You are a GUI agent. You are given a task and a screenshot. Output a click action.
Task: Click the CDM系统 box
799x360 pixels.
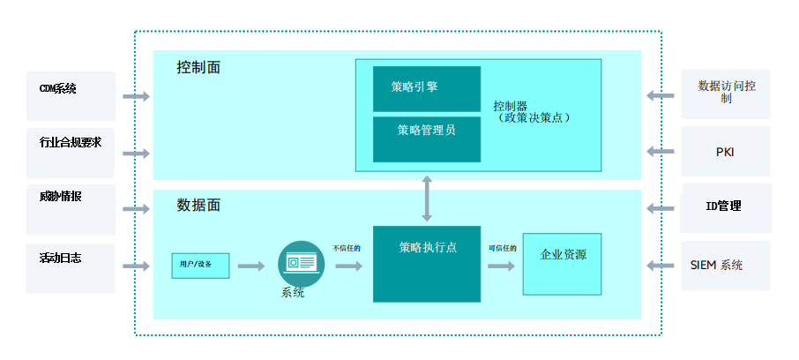71,96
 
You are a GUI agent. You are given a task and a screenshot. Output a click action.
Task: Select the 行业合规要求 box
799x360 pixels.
71,153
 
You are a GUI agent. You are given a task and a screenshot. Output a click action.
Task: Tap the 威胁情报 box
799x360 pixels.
71,210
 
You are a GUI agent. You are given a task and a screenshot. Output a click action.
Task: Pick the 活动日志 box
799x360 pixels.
71,268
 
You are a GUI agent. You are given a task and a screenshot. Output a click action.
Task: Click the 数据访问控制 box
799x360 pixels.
726,94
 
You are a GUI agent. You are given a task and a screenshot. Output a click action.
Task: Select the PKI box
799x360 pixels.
726,152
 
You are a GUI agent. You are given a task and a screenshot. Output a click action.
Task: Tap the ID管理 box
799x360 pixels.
726,208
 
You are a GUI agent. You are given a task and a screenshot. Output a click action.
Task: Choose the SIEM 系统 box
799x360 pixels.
726,266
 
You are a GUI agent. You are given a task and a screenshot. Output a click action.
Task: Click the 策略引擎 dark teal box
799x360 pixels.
427,89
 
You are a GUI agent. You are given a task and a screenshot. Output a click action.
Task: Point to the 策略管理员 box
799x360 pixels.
427,139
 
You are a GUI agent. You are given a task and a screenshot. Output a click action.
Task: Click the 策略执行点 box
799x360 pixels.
427,264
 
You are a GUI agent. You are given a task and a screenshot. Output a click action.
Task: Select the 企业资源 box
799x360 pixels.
562,264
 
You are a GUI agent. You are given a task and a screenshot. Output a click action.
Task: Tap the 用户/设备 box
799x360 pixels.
200,266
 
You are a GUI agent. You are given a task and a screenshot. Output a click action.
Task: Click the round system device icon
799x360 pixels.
301,264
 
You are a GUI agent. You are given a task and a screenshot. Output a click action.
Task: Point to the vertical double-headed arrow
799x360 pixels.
427,199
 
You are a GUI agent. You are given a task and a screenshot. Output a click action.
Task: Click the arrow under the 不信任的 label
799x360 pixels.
349,266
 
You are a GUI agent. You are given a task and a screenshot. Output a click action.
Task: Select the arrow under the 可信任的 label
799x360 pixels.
502,266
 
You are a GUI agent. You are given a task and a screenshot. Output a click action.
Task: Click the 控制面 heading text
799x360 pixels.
198,67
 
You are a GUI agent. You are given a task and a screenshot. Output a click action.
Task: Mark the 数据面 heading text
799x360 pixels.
198,205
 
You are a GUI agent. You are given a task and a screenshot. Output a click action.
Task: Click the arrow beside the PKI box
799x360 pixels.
661,152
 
